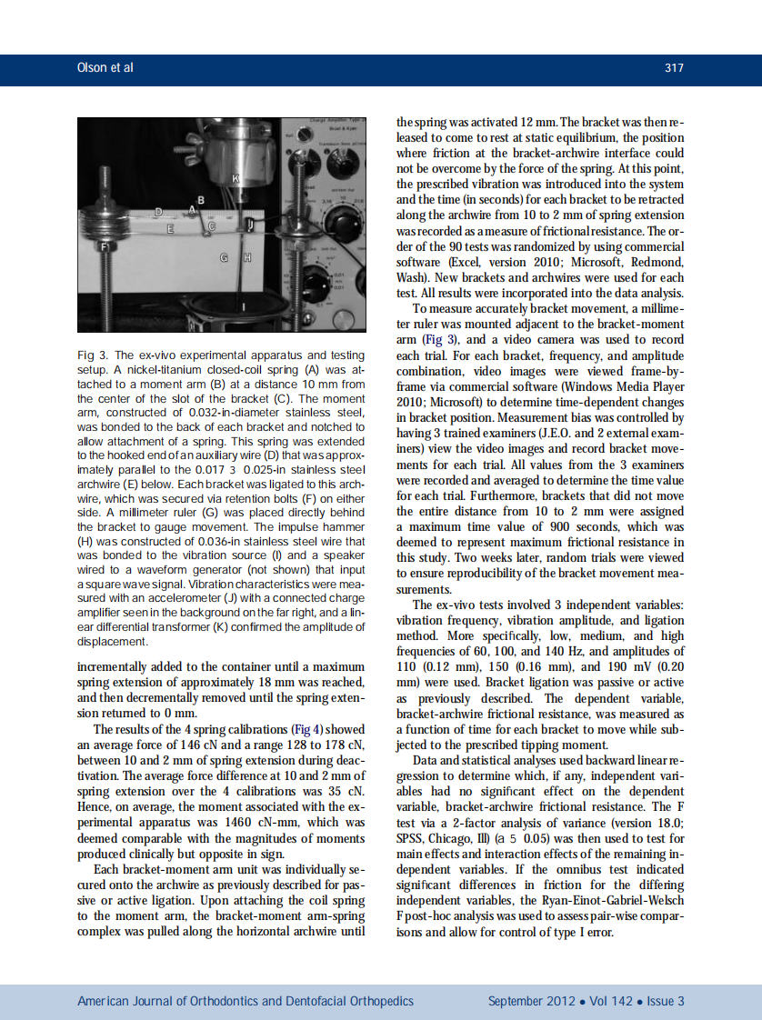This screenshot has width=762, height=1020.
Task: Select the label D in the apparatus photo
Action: pos(159,212)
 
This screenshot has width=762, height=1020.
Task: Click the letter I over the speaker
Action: pos(243,309)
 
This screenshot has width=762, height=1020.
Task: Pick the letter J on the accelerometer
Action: pos(250,222)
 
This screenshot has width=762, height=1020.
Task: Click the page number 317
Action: pos(674,68)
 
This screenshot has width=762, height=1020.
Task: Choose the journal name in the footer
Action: pos(246,1001)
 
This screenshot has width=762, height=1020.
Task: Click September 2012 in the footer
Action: pos(531,1001)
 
